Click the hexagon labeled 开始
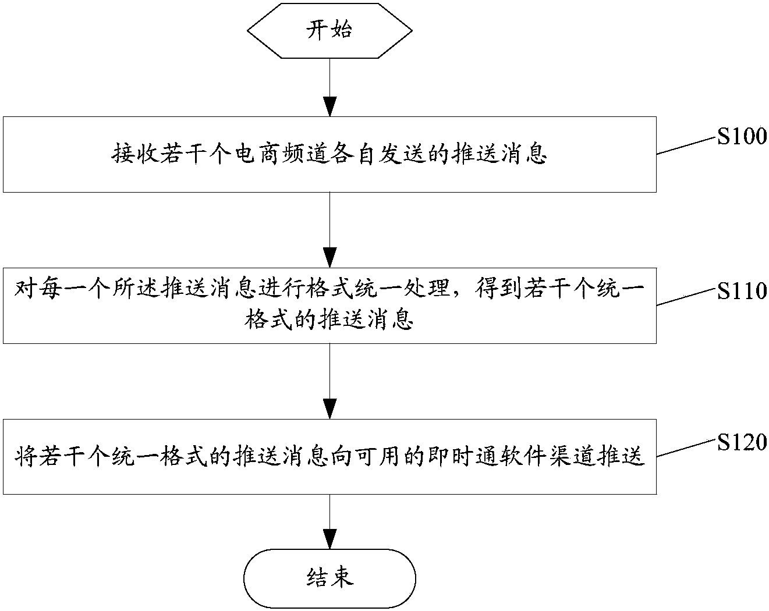tap(329, 30)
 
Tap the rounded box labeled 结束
tap(329, 578)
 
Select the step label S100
tap(741, 137)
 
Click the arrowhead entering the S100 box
tap(329, 107)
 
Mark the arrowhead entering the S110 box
tap(329, 258)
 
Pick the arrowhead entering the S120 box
tap(329, 409)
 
